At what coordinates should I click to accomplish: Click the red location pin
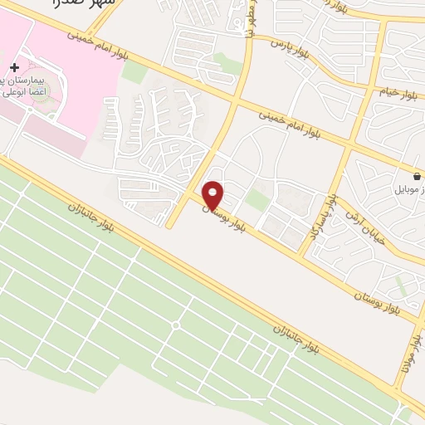coord(213,195)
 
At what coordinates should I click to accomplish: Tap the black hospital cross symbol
coord(14,66)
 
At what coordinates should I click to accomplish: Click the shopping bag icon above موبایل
coord(415,176)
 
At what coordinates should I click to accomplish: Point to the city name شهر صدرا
coord(82,5)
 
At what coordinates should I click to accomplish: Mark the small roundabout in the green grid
coord(174,325)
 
